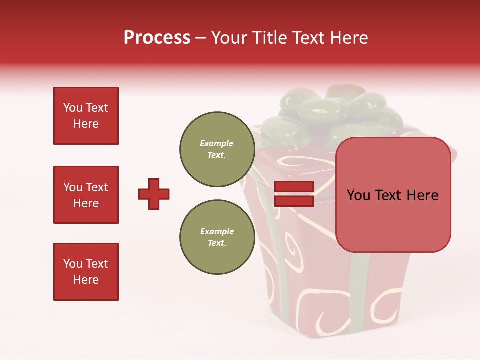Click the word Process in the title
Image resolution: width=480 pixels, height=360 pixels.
[x=157, y=38]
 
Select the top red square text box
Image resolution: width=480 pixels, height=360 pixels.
[x=86, y=116]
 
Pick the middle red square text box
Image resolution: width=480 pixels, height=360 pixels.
[x=86, y=195]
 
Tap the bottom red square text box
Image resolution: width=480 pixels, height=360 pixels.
[x=86, y=272]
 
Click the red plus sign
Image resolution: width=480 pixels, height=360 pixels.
[x=154, y=194]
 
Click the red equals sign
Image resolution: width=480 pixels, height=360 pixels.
[x=294, y=194]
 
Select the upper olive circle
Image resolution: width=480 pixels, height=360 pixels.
[x=217, y=149]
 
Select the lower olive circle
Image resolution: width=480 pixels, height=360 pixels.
[x=217, y=237]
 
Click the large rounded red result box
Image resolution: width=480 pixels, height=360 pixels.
[x=393, y=195]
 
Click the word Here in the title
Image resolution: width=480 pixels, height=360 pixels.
[x=348, y=38]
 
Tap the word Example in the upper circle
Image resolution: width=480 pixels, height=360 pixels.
[x=217, y=143]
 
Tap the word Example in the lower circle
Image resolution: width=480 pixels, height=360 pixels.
[x=217, y=231]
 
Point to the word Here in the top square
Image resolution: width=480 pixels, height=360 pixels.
[x=86, y=124]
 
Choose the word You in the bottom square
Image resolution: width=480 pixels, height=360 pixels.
[x=73, y=264]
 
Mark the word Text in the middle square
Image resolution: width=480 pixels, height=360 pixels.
[x=97, y=187]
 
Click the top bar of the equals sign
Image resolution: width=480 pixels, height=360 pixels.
[x=294, y=187]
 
